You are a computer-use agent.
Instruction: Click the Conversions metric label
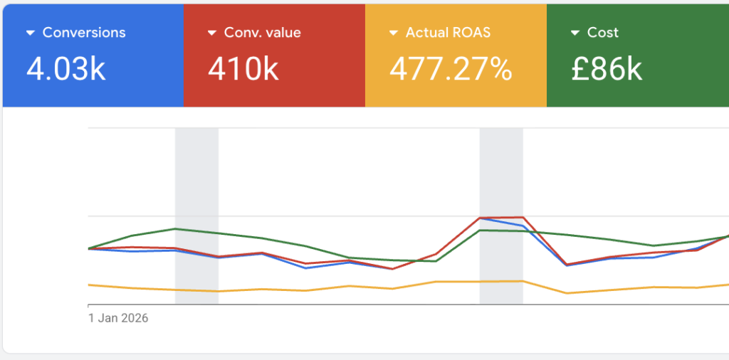coord(83,33)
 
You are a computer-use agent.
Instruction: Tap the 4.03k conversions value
coord(66,69)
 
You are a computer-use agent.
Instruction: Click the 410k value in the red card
coord(243,69)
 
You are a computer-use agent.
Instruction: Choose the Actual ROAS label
coord(448,33)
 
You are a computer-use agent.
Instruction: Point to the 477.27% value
coord(451,69)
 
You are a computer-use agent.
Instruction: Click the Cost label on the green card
coord(602,33)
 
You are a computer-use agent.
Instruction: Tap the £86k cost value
coord(607,69)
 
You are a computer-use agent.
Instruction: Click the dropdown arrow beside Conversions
coord(30,33)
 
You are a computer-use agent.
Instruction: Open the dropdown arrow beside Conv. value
coord(211,33)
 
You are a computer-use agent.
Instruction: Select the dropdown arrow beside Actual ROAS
coord(393,33)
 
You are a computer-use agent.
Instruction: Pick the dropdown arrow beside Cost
coord(575,33)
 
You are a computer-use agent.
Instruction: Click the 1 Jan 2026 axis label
coord(118,318)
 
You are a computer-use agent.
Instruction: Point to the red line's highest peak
coord(523,218)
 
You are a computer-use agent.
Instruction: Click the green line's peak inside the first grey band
coord(176,229)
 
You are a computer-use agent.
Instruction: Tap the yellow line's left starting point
coord(89,285)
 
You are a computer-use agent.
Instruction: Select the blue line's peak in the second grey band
coord(481,218)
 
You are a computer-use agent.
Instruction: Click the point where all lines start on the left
coord(89,248)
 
